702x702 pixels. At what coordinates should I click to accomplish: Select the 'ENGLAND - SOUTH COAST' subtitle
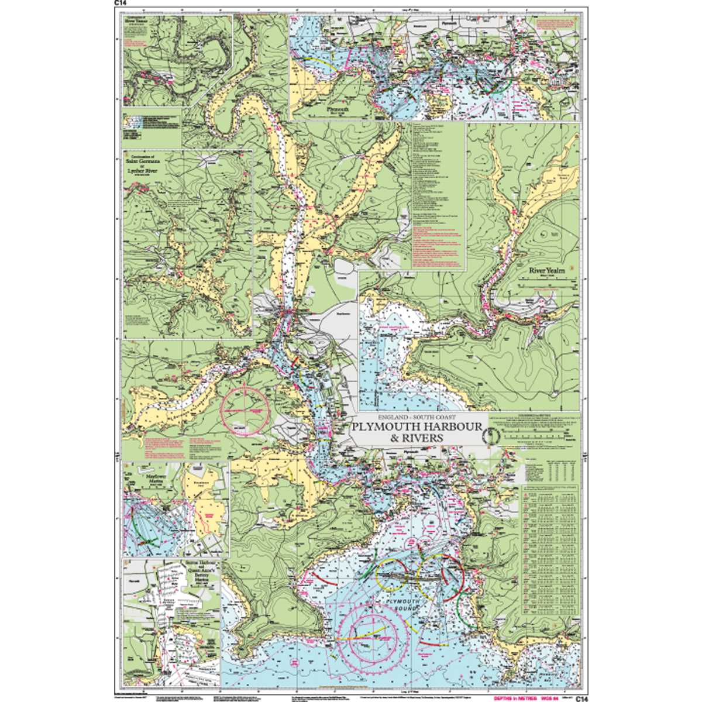pos(415,417)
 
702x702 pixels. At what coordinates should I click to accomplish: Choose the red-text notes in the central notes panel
pos(433,246)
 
